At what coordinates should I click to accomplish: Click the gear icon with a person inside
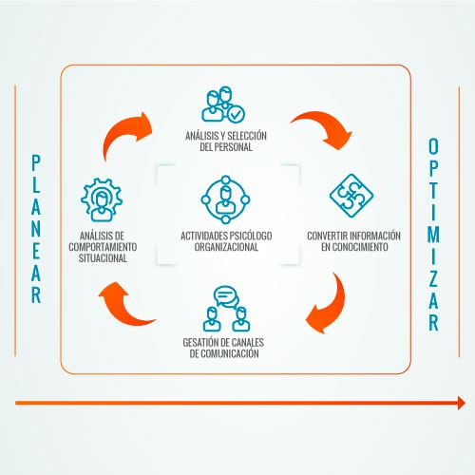point(102,199)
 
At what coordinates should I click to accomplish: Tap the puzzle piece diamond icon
point(351,196)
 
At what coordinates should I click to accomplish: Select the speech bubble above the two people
point(225,296)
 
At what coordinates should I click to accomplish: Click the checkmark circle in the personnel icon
point(236,114)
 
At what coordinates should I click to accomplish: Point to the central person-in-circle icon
point(225,199)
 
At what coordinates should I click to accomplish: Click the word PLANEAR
point(36,229)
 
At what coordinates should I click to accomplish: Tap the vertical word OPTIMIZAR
point(433,235)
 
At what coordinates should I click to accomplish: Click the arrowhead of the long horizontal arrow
point(462,403)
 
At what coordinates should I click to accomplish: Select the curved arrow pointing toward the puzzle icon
point(326,126)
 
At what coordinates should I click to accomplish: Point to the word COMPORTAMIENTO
point(103,247)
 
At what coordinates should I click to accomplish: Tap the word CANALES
point(248,343)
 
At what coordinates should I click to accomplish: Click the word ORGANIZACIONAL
point(226,247)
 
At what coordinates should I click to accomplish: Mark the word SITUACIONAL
point(103,258)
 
